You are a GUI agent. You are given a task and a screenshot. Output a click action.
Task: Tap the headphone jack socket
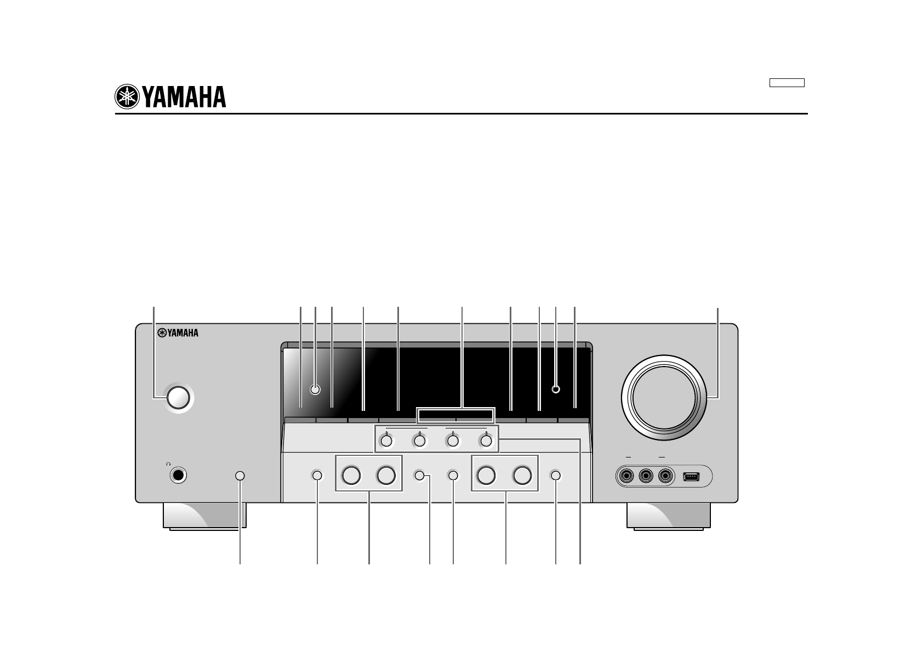click(178, 476)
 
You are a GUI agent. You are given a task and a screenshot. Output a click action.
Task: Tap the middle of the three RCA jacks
click(646, 476)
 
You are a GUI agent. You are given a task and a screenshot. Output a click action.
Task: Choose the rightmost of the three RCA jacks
click(666, 476)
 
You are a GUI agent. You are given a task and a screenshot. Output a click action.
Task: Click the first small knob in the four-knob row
click(387, 441)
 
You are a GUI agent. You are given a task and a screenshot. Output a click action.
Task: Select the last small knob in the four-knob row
click(486, 441)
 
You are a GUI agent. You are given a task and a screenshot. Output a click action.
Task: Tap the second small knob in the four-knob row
click(420, 441)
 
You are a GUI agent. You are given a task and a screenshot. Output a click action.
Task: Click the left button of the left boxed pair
click(351, 475)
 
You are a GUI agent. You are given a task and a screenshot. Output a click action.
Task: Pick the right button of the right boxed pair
click(522, 475)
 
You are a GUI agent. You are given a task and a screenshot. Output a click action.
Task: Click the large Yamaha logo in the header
click(170, 98)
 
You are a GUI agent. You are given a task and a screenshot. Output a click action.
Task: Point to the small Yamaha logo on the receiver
click(177, 332)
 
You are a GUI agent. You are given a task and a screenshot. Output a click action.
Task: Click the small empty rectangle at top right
click(786, 83)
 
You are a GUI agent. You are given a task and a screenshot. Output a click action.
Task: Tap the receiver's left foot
click(204, 516)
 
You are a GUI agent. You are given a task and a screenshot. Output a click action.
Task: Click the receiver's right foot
click(669, 516)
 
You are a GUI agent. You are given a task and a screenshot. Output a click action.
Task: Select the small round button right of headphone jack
click(240, 476)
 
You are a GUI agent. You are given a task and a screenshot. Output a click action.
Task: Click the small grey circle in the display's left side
click(315, 390)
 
